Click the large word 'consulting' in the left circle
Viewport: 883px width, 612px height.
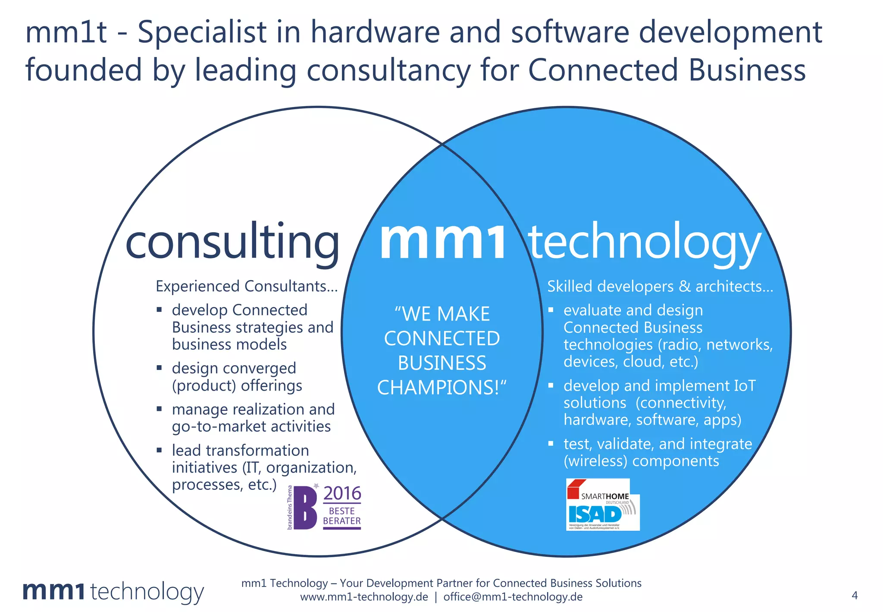tap(232, 243)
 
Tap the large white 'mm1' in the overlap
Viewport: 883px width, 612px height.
tap(442, 242)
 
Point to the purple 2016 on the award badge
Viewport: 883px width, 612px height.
tap(342, 493)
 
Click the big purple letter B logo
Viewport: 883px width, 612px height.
tap(305, 508)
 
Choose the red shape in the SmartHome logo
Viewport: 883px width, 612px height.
tap(575, 489)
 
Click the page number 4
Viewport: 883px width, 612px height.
tap(855, 596)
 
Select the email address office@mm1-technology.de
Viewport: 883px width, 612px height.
tap(513, 597)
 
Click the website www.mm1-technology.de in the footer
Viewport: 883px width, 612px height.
tap(364, 597)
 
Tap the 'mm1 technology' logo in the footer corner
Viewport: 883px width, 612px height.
tap(113, 592)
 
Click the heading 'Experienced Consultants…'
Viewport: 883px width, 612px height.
tap(247, 286)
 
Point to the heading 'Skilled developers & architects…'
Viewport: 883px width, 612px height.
tap(660, 286)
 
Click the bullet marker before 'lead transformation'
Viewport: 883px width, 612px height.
tap(159, 450)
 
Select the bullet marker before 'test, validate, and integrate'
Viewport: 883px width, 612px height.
tap(551, 443)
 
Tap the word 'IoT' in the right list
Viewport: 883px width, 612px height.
tap(745, 385)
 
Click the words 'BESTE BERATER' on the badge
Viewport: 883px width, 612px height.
tap(342, 516)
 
